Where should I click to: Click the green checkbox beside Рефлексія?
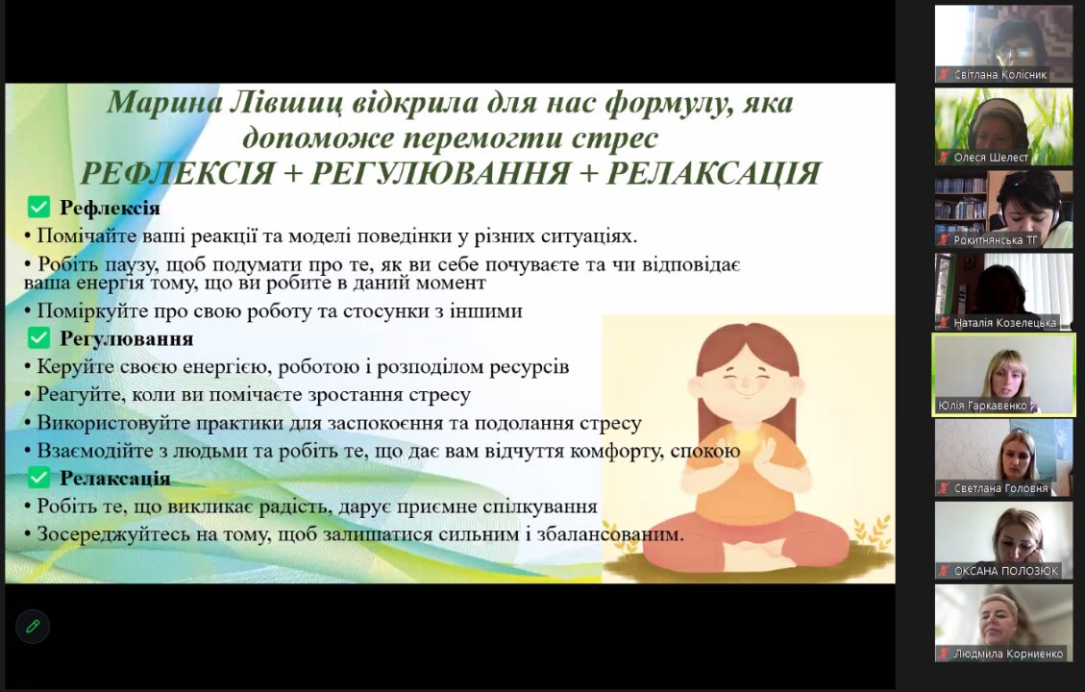tap(38, 207)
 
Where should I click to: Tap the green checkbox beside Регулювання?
tap(38, 337)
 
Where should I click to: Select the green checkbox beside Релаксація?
tap(38, 478)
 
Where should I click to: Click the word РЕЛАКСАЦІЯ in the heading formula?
tap(713, 173)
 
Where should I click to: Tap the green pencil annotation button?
tap(33, 627)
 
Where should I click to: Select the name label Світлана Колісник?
tap(999, 75)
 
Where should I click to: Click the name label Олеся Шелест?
tap(991, 157)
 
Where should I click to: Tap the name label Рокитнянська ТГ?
tap(995, 240)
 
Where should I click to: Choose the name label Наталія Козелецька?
tap(1004, 323)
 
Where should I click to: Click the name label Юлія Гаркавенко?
tap(982, 406)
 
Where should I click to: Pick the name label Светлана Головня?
tap(1000, 488)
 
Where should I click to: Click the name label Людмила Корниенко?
tap(1008, 654)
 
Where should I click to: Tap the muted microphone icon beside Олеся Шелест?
tap(943, 157)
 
